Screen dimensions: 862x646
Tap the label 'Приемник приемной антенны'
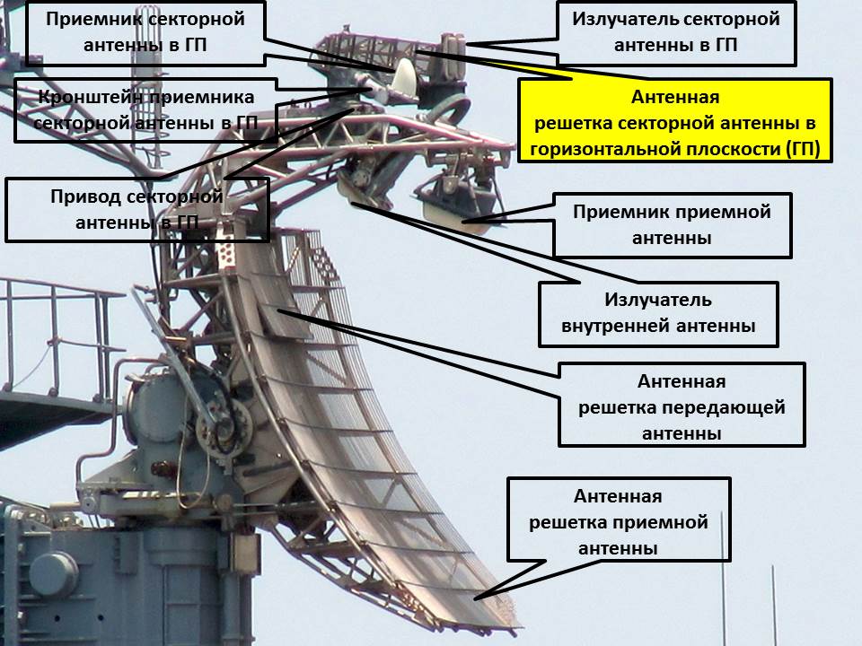pyautogui.click(x=672, y=225)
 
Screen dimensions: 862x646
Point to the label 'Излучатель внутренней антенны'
pyautogui.click(x=658, y=313)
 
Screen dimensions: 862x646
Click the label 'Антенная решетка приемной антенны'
pyautogui.click(x=618, y=522)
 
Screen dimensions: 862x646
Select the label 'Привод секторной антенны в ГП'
pyautogui.click(x=136, y=209)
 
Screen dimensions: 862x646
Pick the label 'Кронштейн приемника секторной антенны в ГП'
pyautogui.click(x=145, y=110)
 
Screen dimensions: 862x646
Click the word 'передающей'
pyautogui.click(x=724, y=408)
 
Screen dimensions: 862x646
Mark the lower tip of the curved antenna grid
pyautogui.click(x=507, y=618)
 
